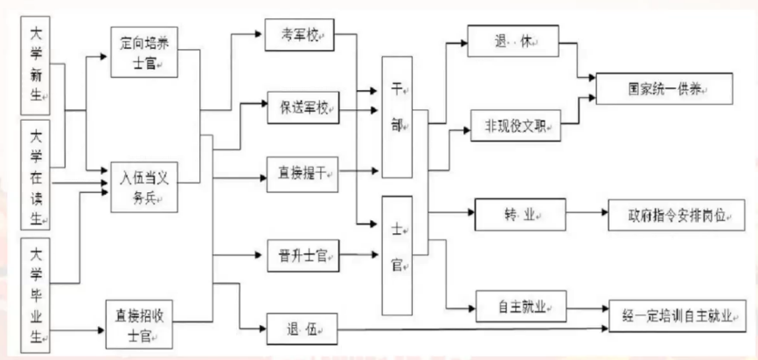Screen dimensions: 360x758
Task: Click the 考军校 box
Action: (x=300, y=37)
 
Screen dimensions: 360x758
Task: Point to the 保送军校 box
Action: (x=300, y=107)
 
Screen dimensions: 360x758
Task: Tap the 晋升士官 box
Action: (x=300, y=256)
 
